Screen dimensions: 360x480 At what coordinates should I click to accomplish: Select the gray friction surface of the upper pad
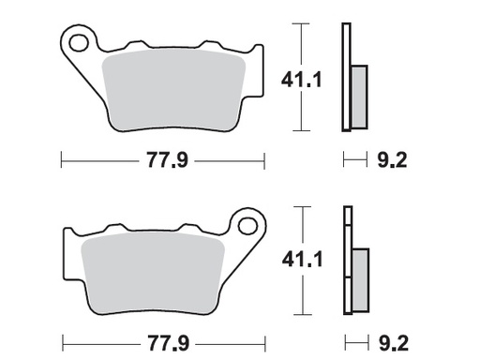coord(173,89)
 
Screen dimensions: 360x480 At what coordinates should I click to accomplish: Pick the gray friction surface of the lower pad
coord(155,273)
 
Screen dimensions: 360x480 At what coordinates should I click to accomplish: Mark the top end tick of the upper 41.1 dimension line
coord(299,23)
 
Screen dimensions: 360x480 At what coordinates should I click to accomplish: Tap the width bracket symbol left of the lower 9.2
coord(352,340)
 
